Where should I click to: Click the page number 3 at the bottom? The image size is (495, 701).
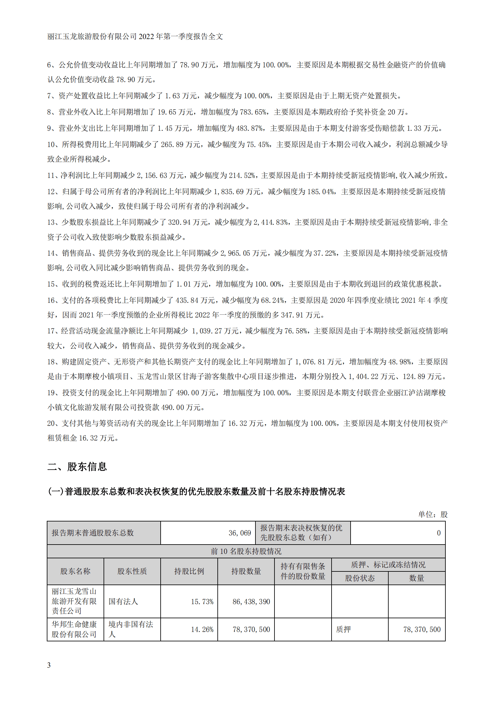point(49,665)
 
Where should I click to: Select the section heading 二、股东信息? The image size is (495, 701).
point(77,467)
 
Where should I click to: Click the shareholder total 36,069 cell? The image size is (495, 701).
point(240,533)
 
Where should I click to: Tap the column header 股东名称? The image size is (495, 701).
point(75,571)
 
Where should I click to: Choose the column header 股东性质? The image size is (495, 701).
point(132,571)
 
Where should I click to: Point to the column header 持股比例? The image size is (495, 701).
point(189,571)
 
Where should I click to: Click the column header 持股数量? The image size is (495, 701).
point(246,571)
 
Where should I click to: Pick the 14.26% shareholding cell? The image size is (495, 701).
point(202,629)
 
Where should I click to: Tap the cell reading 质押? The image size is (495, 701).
point(343,629)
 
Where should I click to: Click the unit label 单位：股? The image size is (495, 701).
point(433,514)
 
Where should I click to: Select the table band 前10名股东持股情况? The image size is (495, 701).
point(246,551)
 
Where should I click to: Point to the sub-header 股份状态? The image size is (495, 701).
point(360,578)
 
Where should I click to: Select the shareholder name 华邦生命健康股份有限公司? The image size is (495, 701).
point(74,629)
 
